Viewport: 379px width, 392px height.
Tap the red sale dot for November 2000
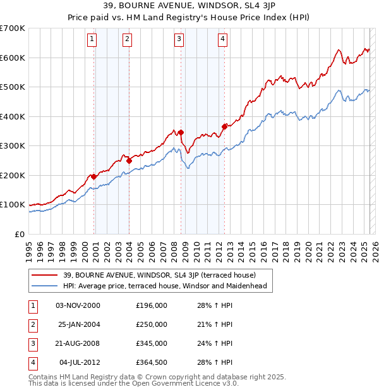point(94,176)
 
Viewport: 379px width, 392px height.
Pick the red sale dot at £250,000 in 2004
point(129,161)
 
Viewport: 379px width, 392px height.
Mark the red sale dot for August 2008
point(181,133)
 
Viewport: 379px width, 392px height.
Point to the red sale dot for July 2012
point(224,127)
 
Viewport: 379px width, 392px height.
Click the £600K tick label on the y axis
point(13,58)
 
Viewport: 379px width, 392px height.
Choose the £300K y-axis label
point(13,146)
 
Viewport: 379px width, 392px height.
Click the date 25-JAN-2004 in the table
point(78,324)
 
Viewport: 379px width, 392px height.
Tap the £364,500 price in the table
point(152,362)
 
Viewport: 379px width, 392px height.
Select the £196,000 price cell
point(152,305)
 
